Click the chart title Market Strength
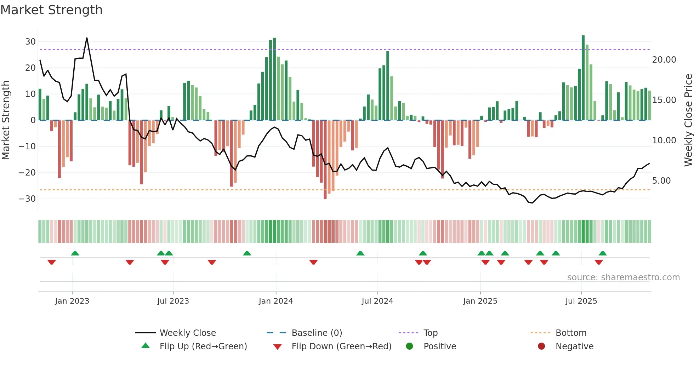[x=51, y=10]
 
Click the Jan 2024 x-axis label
[x=276, y=301]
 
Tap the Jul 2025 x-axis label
[x=581, y=301]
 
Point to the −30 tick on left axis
[x=27, y=199]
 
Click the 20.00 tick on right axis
[x=664, y=60]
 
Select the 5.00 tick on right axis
[x=661, y=181]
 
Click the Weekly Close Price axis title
[x=688, y=120]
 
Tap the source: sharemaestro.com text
[x=623, y=277]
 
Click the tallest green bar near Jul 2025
[x=583, y=78]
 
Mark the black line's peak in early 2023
[x=87, y=38]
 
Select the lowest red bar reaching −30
[x=325, y=159]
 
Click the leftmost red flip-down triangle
[x=52, y=262]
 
